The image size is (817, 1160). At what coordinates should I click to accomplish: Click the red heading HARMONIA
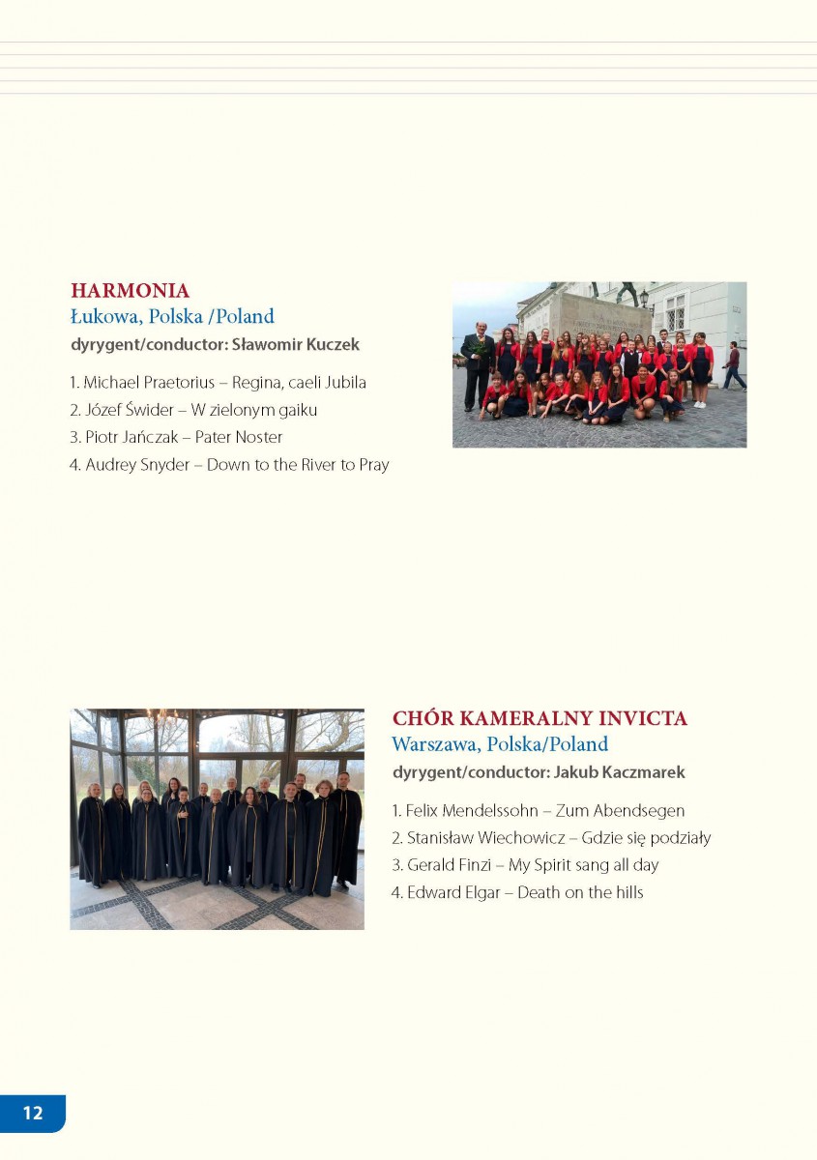pos(130,290)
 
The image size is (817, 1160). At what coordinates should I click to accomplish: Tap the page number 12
pos(33,1113)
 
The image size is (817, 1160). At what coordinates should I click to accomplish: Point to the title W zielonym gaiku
pos(255,410)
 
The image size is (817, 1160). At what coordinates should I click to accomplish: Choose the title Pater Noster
pos(239,437)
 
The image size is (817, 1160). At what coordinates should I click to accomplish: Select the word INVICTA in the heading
pos(643,718)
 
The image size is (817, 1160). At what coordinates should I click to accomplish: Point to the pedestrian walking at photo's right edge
pos(734,365)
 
